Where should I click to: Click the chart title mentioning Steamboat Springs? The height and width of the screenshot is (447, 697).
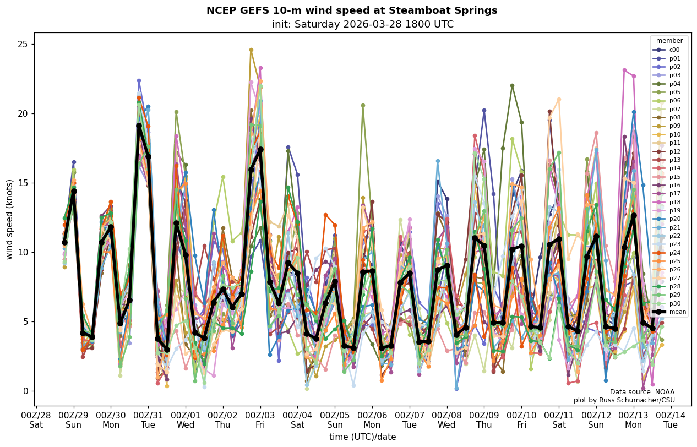(351, 10)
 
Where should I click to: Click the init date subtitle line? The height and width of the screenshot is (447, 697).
(362, 24)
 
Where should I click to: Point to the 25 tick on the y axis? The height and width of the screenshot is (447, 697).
(24, 45)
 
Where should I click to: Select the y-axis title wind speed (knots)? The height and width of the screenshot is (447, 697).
(9, 219)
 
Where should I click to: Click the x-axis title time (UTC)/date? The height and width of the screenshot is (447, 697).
(362, 437)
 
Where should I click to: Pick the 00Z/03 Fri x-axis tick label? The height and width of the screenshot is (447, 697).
(260, 419)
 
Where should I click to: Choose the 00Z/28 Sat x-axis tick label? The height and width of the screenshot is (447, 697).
(36, 419)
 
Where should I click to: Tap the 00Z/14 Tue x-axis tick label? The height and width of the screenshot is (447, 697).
(671, 419)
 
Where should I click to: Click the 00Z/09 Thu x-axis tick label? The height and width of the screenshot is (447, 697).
(484, 419)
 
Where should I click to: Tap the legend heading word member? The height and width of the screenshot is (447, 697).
(669, 41)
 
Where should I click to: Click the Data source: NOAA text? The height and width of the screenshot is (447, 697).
(642, 392)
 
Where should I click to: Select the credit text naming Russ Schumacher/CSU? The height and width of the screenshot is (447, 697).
(624, 400)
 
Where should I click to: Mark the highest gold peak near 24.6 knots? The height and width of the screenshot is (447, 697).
(251, 50)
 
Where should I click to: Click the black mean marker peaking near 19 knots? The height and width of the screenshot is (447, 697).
(139, 126)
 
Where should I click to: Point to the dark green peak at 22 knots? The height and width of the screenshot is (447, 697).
(512, 85)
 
